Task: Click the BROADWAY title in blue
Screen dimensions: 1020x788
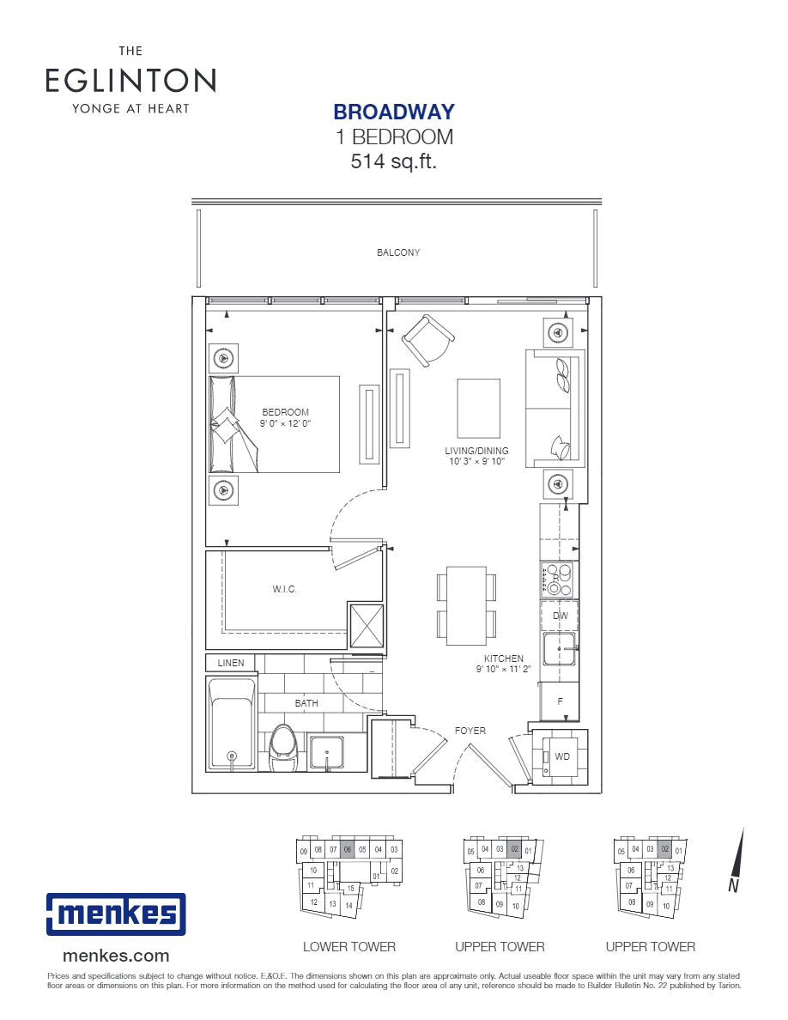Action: coord(394,112)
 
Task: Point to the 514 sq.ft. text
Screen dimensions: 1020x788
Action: coord(394,161)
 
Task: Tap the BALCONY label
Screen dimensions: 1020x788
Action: coord(398,252)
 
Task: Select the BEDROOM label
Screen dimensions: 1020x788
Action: coord(285,412)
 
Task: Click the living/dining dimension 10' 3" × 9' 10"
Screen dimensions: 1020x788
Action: coord(476,462)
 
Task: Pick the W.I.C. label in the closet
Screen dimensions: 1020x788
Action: coord(284,590)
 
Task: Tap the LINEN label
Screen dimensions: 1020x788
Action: coord(230,663)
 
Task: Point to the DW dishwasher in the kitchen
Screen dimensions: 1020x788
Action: coord(560,616)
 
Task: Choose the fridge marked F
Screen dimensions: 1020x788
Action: coord(560,701)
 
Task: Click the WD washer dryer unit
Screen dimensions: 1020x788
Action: coord(561,756)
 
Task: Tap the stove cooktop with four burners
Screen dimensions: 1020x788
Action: coord(560,579)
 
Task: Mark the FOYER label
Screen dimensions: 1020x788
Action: coord(470,731)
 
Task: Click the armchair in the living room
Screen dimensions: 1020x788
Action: coord(427,340)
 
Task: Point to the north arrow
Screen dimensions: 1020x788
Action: coord(737,859)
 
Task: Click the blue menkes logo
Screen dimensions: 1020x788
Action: coord(115,914)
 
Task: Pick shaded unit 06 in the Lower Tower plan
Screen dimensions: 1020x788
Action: coord(348,850)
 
